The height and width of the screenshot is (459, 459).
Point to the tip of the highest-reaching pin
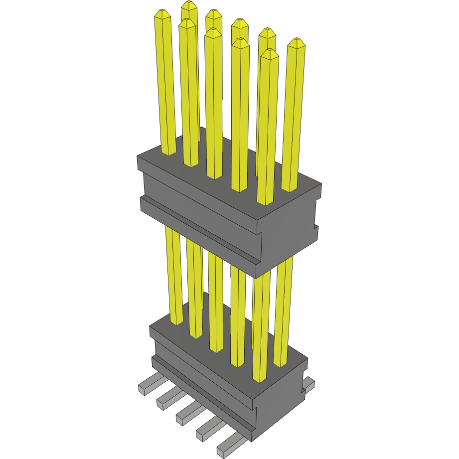[x=188, y=5]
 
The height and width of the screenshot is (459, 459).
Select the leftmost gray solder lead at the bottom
[x=150, y=385]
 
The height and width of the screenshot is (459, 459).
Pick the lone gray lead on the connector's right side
[x=309, y=383]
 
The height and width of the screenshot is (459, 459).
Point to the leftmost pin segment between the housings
[x=173, y=274]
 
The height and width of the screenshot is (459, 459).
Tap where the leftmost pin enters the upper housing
[x=168, y=153]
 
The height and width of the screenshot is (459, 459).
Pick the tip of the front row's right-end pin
[x=269, y=53]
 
